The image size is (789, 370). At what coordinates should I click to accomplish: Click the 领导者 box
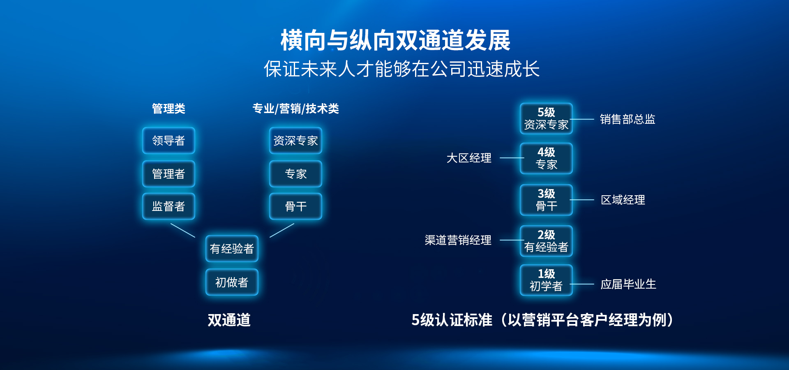click(x=168, y=141)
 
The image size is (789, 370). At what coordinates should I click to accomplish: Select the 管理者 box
click(x=168, y=174)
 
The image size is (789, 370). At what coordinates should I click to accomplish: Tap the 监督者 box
click(x=168, y=206)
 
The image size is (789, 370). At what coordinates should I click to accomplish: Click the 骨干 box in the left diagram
click(x=295, y=206)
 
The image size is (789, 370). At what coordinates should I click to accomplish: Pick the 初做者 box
click(x=232, y=282)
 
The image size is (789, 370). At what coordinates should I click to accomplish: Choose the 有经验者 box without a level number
click(x=232, y=249)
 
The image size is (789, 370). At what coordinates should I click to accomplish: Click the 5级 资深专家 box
click(x=546, y=118)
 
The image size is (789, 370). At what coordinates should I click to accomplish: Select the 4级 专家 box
click(x=546, y=158)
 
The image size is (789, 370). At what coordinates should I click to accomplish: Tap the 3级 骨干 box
click(x=546, y=200)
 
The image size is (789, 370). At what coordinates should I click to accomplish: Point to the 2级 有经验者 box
click(x=546, y=241)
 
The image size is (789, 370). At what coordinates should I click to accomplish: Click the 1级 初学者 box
click(x=546, y=280)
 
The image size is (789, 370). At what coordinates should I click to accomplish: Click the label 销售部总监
click(x=628, y=119)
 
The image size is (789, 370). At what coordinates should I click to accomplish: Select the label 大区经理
click(x=469, y=158)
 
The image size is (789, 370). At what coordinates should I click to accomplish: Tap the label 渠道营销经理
click(x=458, y=240)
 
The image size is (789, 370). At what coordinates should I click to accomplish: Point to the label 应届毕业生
click(x=628, y=284)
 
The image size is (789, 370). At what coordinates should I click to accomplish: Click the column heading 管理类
click(x=168, y=109)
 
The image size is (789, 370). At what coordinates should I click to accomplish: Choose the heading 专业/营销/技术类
click(x=295, y=109)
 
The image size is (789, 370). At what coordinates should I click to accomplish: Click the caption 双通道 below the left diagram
click(x=229, y=320)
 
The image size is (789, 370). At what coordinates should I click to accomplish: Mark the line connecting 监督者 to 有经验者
click(x=183, y=230)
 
